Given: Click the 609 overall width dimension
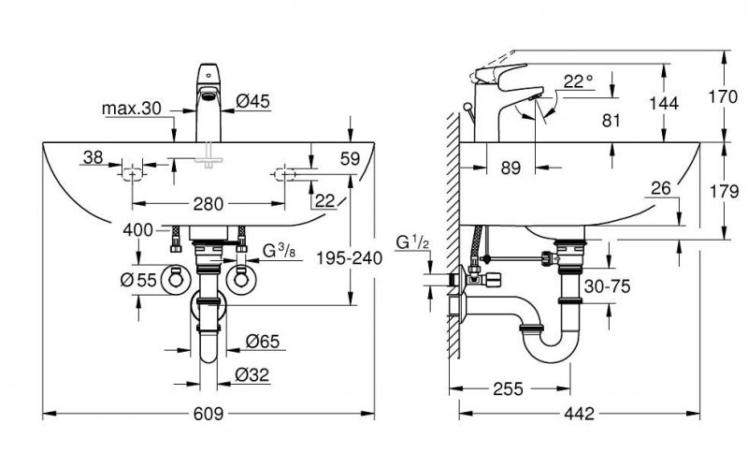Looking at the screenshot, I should pos(209,414).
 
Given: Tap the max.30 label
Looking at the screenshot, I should pos(132,110).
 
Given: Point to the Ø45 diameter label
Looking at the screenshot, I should pos(254,100).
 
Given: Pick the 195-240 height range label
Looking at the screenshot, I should pos(350,258).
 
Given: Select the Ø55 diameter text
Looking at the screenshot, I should pos(138,278).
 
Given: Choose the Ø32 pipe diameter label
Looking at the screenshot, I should pos(252,374).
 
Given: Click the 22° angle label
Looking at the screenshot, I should pos(579,82).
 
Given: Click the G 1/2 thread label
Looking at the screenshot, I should pos(411,243).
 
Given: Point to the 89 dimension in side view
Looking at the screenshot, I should pos(510,169).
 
